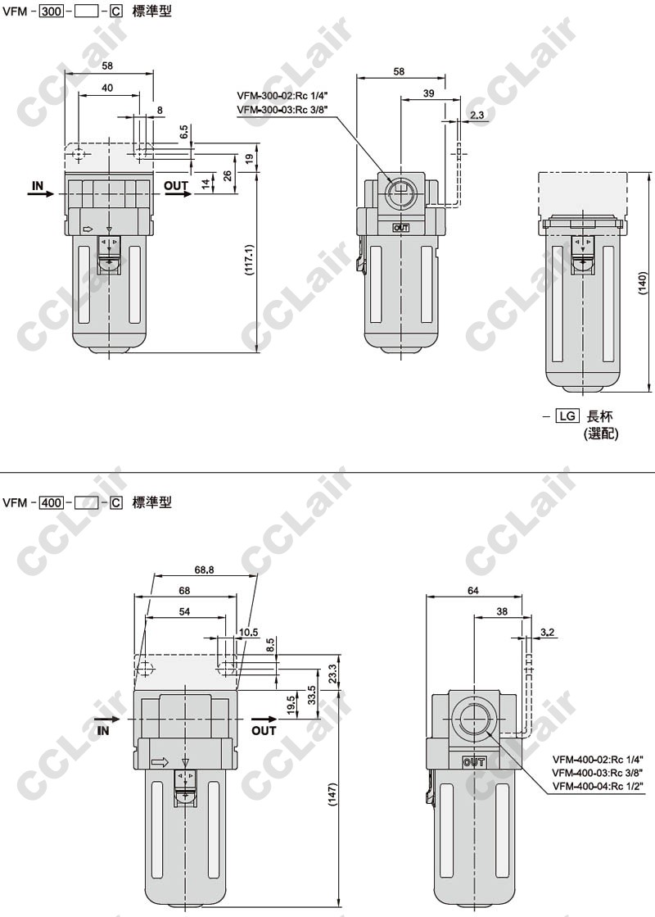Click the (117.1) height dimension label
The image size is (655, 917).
pos(250,260)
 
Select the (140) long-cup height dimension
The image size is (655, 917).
pos(644,283)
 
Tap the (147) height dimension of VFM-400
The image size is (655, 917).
pos(333,795)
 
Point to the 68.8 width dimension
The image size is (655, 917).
pos(203,570)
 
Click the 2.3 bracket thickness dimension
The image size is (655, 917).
pos(477,115)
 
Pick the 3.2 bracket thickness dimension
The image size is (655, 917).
pos(548,632)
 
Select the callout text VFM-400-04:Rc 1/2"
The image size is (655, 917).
pos(598,786)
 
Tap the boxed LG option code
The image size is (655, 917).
pos(567,415)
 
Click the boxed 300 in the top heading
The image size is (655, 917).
pos(51,11)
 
